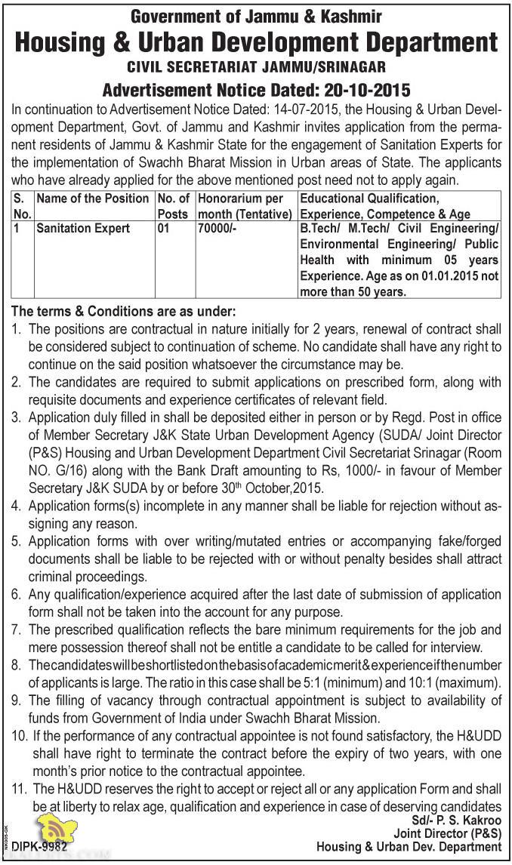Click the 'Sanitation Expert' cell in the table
coord(84,228)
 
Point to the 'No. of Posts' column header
coord(173,205)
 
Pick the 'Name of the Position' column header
coord(92,199)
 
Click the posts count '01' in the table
coord(164,228)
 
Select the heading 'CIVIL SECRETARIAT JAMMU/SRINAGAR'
coord(256,68)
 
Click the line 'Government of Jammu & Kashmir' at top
coord(256,15)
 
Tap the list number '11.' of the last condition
coord(19,789)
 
